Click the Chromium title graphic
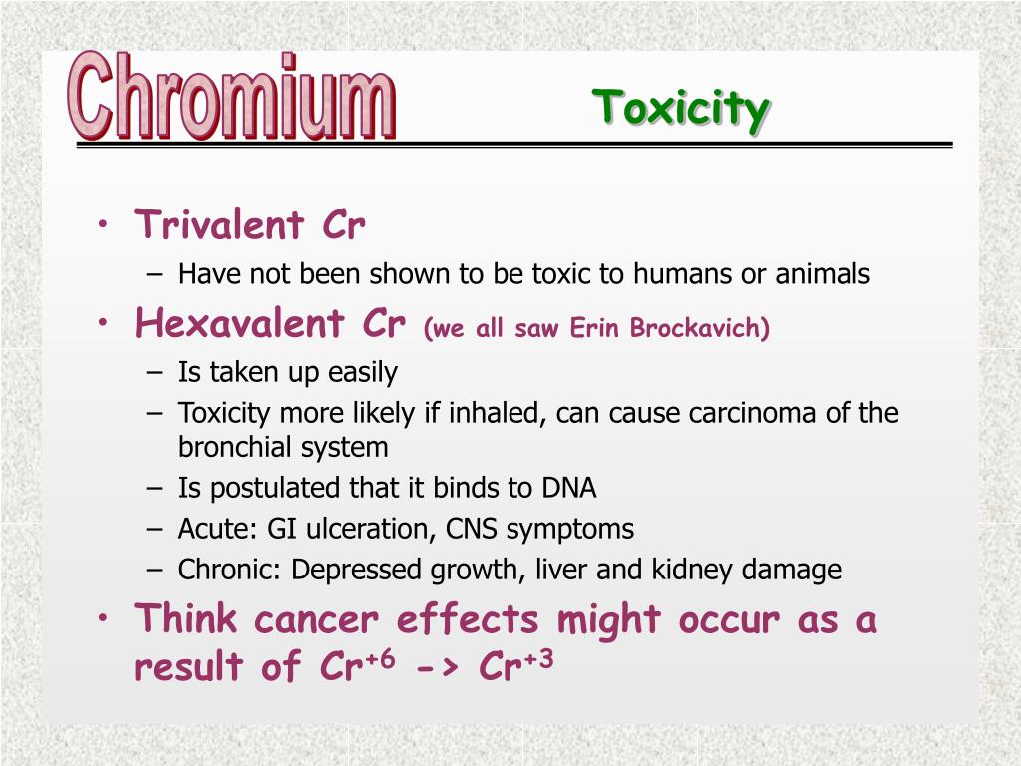point(232,97)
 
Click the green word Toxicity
point(681,108)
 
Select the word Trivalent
point(219,225)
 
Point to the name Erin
point(594,329)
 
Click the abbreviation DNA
point(569,488)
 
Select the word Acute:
point(209,529)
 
